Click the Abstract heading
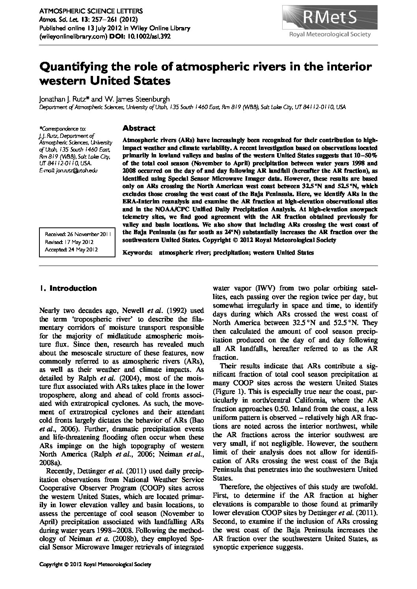(x=139, y=128)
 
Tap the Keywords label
(x=137, y=253)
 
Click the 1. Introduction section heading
(x=68, y=288)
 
